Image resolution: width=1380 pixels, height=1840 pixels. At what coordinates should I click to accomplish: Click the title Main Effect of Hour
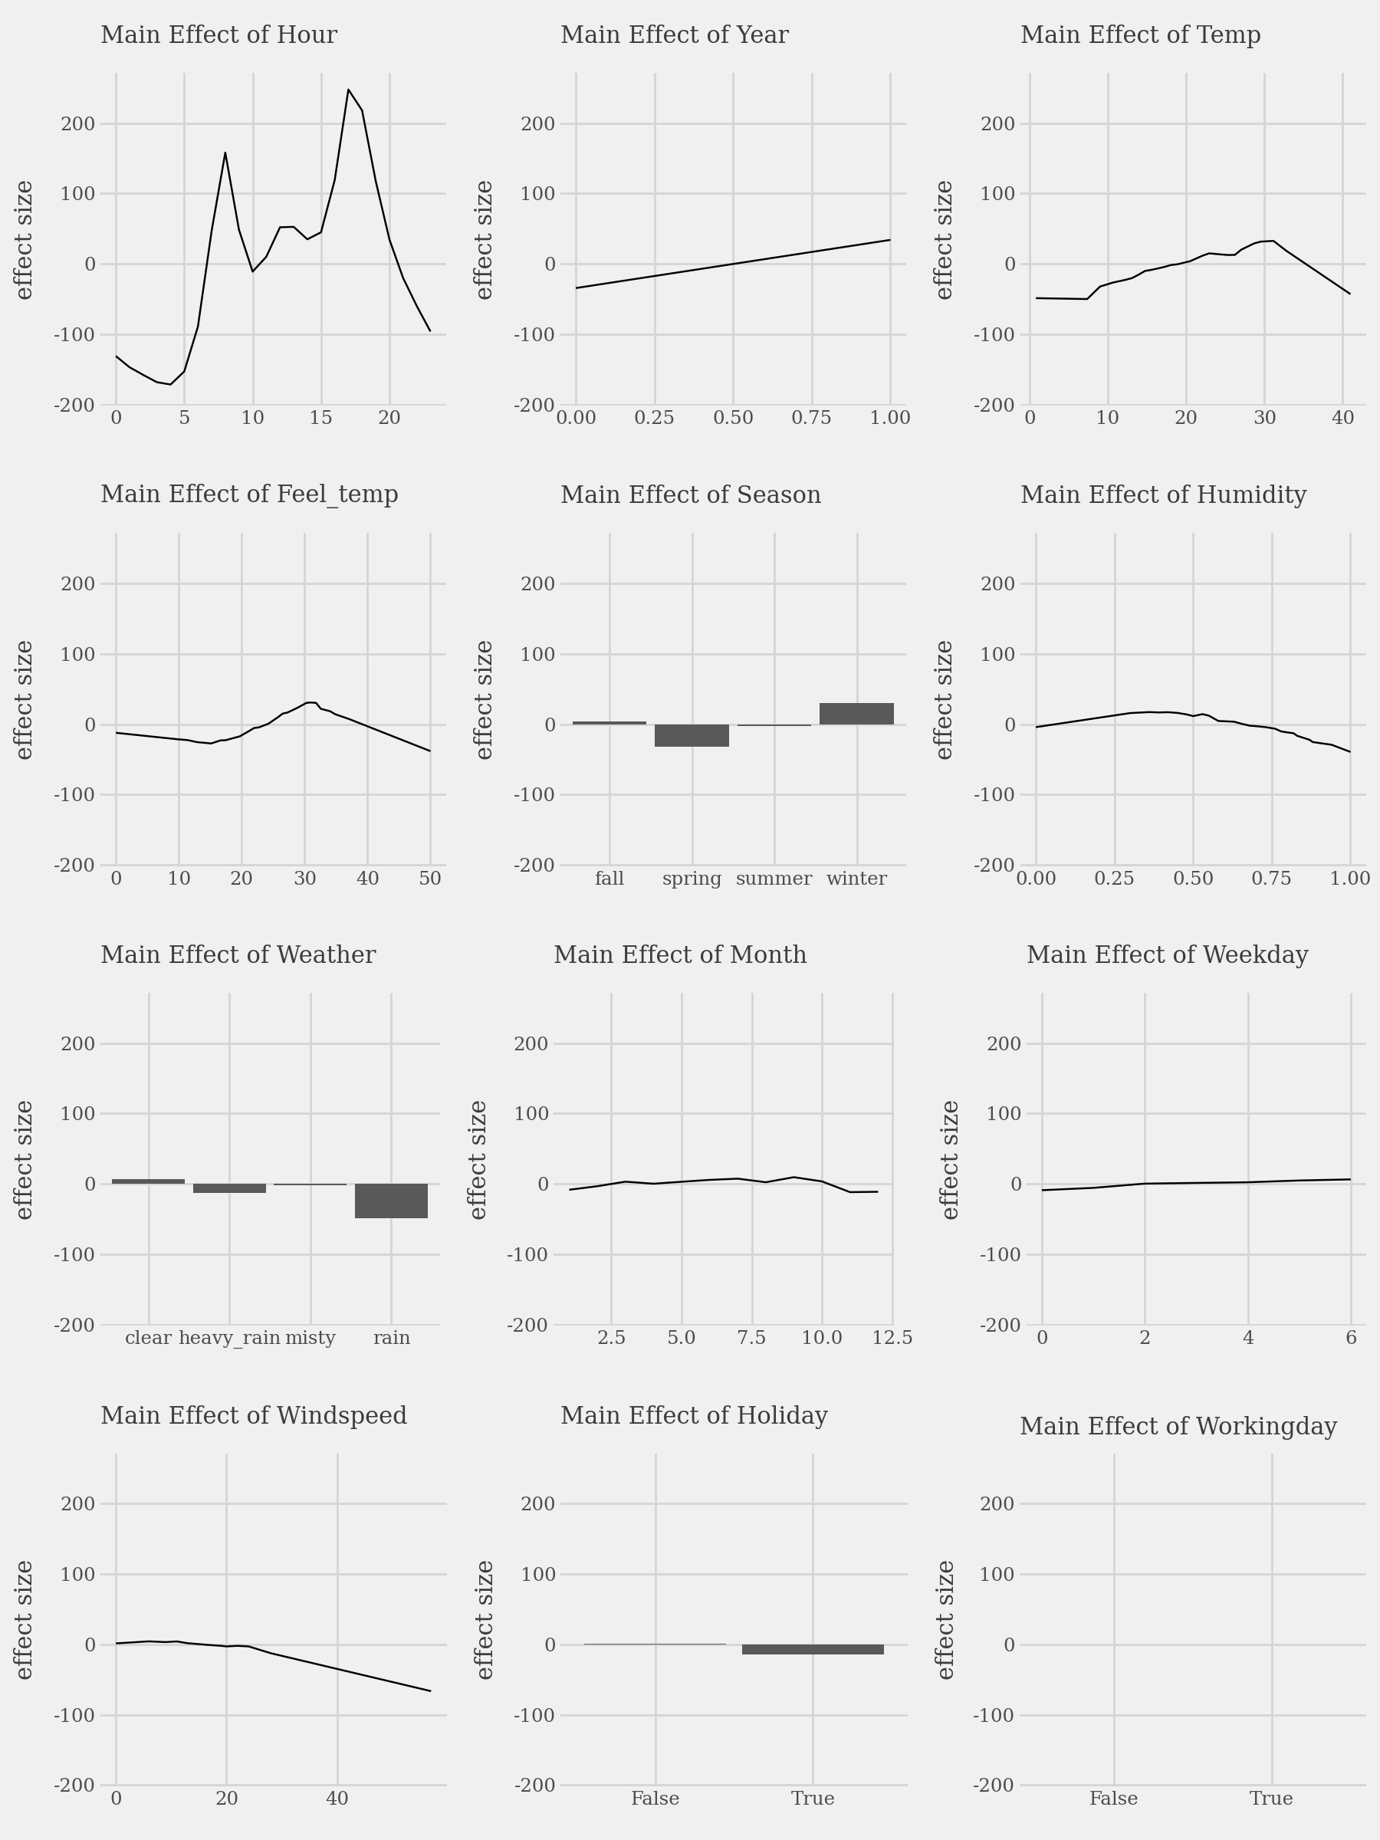[219, 36]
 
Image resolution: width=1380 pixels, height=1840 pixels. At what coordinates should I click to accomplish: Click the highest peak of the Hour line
[348, 90]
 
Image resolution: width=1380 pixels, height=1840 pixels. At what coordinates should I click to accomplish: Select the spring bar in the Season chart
[692, 735]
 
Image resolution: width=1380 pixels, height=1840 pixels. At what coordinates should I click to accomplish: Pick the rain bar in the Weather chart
[391, 1201]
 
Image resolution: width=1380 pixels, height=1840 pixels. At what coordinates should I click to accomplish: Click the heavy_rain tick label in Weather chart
[229, 1338]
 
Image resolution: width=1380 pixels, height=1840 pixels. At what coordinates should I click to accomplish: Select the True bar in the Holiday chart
[813, 1648]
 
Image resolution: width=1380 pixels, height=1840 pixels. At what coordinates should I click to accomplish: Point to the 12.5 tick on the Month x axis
[892, 1338]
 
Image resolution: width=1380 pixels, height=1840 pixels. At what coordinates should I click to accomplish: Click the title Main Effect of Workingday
[1178, 1427]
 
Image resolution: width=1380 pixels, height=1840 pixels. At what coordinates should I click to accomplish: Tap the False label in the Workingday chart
[1113, 1799]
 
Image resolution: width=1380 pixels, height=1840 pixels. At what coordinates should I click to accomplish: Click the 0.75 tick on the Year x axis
[811, 418]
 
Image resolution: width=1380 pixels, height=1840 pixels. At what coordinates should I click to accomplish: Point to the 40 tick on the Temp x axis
[1342, 418]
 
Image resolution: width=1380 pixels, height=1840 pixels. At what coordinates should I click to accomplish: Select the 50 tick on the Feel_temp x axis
[430, 879]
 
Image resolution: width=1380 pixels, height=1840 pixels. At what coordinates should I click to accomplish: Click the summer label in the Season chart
[774, 879]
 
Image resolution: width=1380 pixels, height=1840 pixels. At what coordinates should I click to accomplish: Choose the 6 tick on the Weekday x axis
[1351, 1338]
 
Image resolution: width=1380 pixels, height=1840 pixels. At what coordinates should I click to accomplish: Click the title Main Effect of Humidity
[1163, 495]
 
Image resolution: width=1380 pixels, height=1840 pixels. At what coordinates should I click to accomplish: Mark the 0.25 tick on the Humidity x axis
[1114, 879]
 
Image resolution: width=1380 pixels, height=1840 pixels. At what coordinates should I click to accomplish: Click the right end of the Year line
[890, 241]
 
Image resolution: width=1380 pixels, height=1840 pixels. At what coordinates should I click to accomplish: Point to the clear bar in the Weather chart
[148, 1181]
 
